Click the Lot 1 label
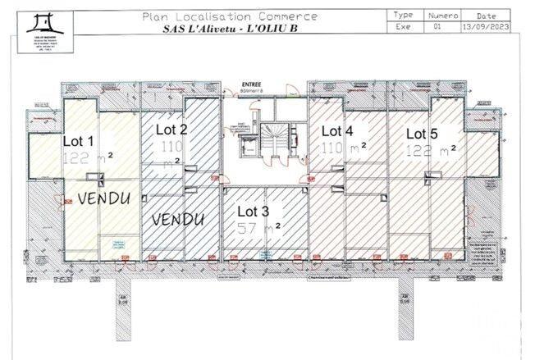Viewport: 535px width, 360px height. (x=79, y=140)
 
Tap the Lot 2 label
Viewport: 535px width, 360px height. (x=171, y=129)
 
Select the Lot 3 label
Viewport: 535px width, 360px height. (x=254, y=212)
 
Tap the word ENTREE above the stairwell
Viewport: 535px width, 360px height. (x=250, y=84)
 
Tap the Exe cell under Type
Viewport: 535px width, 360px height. (x=404, y=26)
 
